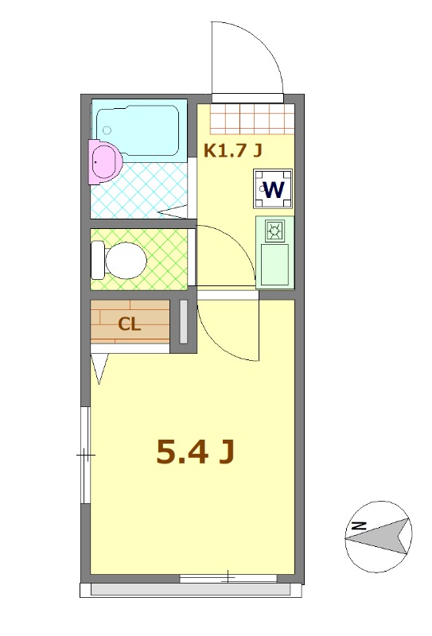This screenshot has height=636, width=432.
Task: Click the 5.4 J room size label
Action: click(195, 452)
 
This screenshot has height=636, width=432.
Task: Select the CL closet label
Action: click(130, 324)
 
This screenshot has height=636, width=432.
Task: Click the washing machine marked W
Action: click(274, 189)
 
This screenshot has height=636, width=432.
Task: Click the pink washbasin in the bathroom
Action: click(103, 161)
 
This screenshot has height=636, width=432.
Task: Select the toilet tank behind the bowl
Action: click(97, 259)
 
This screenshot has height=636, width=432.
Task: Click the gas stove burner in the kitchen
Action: click(275, 231)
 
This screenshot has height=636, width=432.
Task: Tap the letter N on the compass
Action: click(359, 525)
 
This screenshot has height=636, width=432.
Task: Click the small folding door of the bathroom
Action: click(173, 212)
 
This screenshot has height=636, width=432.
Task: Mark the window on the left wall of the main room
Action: click(86, 455)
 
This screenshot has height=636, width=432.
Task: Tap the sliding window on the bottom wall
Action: click(228, 577)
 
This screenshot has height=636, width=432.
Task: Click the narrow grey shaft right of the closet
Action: click(183, 322)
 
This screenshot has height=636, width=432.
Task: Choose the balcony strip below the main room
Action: click(191, 590)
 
